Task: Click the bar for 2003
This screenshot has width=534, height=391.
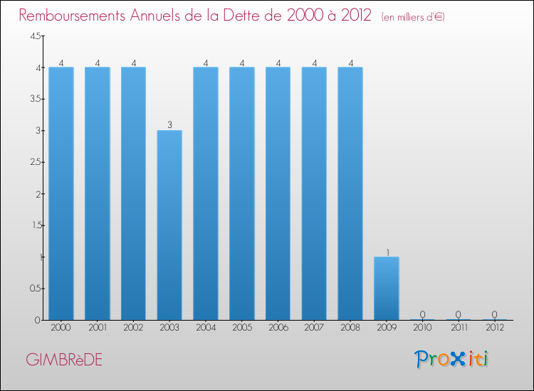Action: (x=169, y=225)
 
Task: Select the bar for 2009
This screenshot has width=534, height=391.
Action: (x=387, y=288)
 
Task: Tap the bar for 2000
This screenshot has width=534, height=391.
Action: (x=61, y=193)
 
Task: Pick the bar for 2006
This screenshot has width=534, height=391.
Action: (x=278, y=193)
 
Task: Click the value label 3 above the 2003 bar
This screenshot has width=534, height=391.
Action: (x=169, y=125)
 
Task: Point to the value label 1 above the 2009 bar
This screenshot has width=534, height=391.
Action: (x=387, y=252)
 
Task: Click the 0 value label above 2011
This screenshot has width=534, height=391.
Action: (x=459, y=314)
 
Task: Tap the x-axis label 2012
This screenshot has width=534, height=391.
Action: (x=495, y=328)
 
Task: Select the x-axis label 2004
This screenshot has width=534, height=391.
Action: (x=206, y=328)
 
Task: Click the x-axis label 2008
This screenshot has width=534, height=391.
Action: (x=350, y=328)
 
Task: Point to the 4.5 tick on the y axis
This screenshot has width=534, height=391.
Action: (x=35, y=36)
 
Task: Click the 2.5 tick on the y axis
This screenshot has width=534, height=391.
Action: (x=35, y=162)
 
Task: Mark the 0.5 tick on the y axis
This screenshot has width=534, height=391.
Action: (x=35, y=289)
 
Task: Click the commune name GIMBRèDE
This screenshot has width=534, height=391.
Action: (x=63, y=360)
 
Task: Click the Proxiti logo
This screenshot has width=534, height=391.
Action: (x=452, y=359)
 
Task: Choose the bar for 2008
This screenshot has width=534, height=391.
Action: (x=350, y=193)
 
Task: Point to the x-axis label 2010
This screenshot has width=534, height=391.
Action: (x=423, y=328)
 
